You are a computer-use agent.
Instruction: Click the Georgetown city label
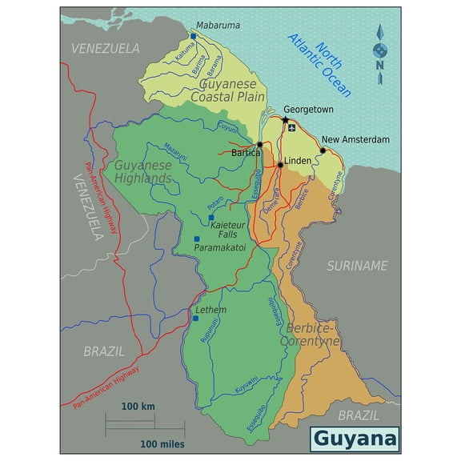click(x=308, y=109)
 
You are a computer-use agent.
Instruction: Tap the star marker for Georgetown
click(x=285, y=120)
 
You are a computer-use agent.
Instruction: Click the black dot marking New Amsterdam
click(x=323, y=150)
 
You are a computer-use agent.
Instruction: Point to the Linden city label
click(x=298, y=161)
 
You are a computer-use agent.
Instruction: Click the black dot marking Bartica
click(x=260, y=144)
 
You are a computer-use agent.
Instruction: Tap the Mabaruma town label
click(x=218, y=26)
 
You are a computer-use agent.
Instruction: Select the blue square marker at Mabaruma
click(x=193, y=35)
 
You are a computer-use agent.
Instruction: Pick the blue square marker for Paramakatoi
click(x=196, y=239)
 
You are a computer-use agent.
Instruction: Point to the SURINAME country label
click(x=357, y=266)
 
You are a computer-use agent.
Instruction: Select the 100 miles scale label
click(x=162, y=443)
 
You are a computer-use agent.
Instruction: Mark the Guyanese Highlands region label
click(x=144, y=171)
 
